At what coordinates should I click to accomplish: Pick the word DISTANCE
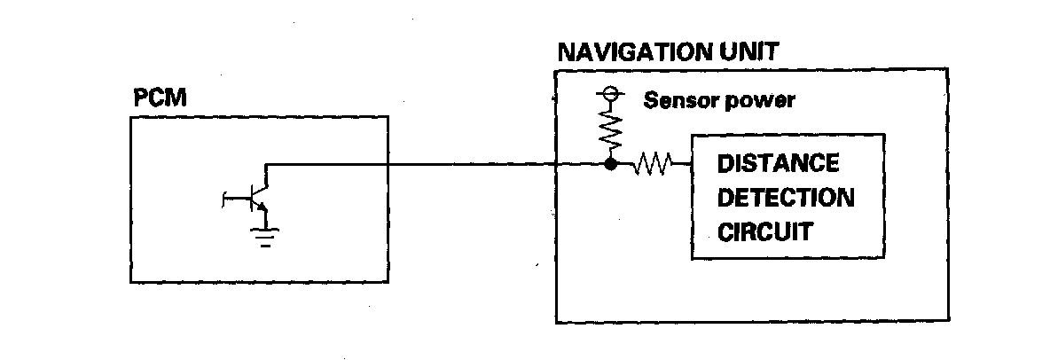click(x=778, y=164)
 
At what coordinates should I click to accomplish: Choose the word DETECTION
click(x=785, y=198)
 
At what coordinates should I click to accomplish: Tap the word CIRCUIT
click(x=764, y=232)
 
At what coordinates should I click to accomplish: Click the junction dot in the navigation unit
click(x=610, y=164)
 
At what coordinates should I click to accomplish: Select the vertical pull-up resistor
click(x=610, y=129)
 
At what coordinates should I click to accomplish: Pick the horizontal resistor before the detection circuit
click(x=652, y=164)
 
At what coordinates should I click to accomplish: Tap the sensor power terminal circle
click(x=610, y=92)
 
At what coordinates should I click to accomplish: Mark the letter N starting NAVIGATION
click(x=566, y=51)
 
